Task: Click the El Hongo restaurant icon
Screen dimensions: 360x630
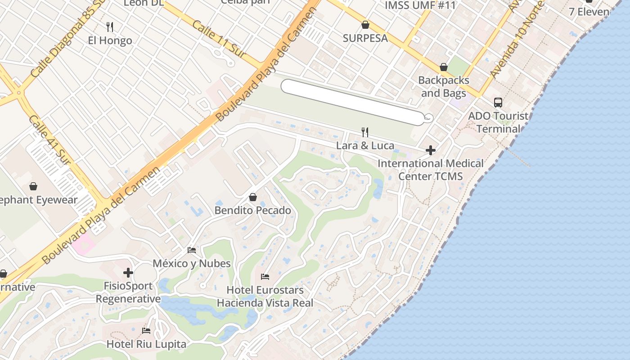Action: coord(110,27)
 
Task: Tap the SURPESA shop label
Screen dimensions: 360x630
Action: coord(365,38)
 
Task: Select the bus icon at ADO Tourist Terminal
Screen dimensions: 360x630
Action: coord(498,103)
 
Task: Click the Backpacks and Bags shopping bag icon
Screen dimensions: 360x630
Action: coord(443,67)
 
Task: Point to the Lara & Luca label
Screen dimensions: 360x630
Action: coord(365,145)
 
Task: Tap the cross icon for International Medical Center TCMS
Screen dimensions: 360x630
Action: coord(431,150)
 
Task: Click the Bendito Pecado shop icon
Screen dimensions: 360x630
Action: coord(253,197)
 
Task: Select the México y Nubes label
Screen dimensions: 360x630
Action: coord(192,263)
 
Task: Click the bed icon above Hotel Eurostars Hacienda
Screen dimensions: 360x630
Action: coord(265,276)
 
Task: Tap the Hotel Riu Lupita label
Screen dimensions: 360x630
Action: coord(146,344)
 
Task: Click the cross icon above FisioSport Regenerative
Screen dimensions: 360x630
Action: coord(128,272)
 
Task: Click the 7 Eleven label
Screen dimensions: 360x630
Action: coord(589,12)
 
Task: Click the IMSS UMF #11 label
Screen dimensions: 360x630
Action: coord(420,5)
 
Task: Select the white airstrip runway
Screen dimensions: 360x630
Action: coord(353,102)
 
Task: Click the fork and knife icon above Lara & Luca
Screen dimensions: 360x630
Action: coord(365,132)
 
